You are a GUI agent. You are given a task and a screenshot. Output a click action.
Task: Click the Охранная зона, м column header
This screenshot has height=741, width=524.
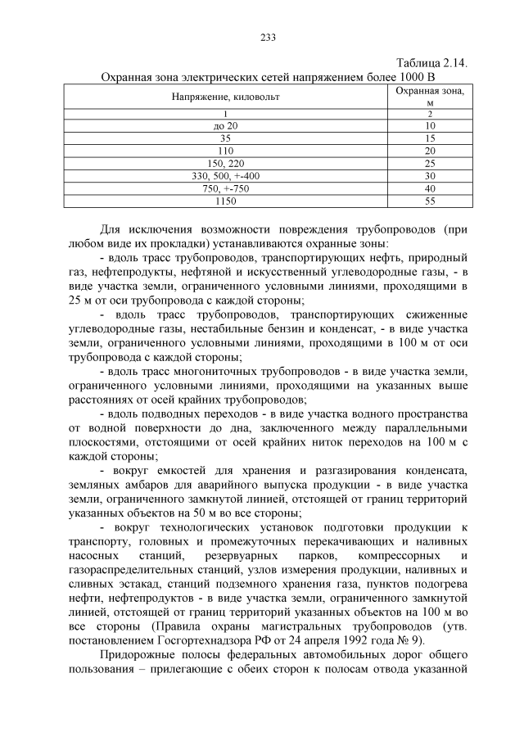pyautogui.click(x=430, y=97)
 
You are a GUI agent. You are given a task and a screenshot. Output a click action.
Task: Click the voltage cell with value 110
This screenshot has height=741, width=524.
pyautogui.click(x=225, y=151)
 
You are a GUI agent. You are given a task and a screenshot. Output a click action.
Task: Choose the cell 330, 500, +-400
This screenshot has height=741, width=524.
pyautogui.click(x=225, y=176)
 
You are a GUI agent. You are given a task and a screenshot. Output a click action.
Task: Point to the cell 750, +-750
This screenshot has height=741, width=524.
pyautogui.click(x=225, y=188)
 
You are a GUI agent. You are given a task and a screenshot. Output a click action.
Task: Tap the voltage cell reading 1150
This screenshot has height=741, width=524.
pyautogui.click(x=225, y=201)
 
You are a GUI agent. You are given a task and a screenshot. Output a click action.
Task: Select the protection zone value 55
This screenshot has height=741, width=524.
pyautogui.click(x=430, y=201)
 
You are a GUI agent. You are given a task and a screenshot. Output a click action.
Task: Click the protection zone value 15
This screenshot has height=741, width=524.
pyautogui.click(x=430, y=139)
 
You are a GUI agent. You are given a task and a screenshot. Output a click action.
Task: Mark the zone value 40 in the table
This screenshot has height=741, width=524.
pyautogui.click(x=430, y=188)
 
